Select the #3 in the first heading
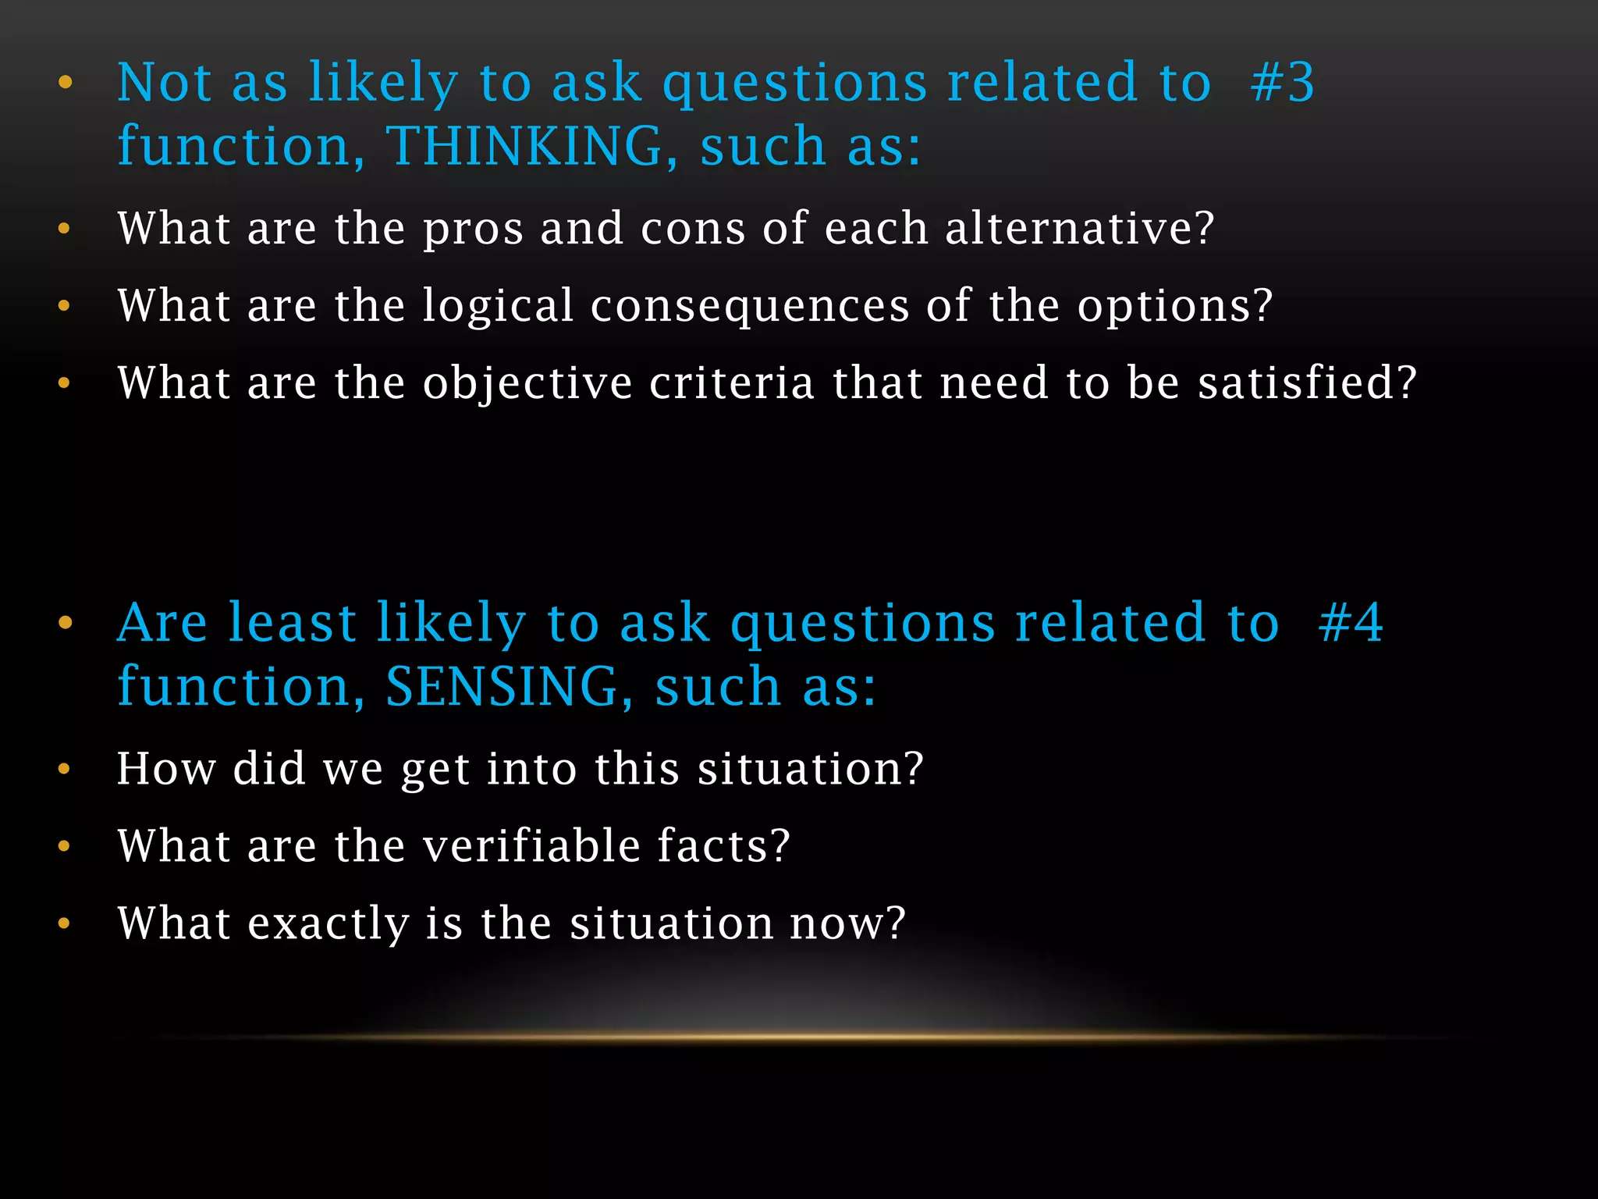(x=1282, y=83)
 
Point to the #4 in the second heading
(x=1350, y=623)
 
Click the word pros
(x=473, y=229)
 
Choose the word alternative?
(x=1079, y=228)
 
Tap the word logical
(x=498, y=306)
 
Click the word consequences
(x=750, y=306)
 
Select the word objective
(x=527, y=383)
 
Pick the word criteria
(x=732, y=383)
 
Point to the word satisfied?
(x=1307, y=383)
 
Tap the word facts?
(x=723, y=845)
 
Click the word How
(x=166, y=768)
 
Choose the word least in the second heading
(x=292, y=623)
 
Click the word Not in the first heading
(x=164, y=83)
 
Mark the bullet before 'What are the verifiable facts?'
(x=65, y=846)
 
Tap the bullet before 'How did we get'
(x=65, y=769)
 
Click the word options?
(x=1175, y=306)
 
